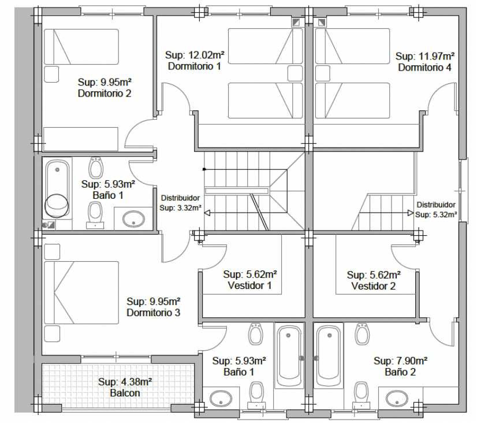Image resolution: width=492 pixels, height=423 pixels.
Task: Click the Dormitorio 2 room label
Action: click(105, 93)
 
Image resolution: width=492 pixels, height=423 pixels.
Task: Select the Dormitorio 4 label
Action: click(424, 67)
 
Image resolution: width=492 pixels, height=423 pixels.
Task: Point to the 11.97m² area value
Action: click(437, 56)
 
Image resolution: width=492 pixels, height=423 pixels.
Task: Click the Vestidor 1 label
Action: click(249, 285)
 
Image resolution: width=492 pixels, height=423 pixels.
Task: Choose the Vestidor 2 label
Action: click(374, 286)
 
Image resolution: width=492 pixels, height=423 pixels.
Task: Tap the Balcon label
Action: click(125, 393)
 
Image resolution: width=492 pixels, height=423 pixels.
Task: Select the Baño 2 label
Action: click(400, 372)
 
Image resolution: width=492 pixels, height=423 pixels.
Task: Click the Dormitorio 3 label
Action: click(154, 313)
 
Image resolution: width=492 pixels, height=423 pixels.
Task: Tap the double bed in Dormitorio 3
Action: click(81, 292)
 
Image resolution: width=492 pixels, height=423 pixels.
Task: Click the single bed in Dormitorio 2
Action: click(81, 47)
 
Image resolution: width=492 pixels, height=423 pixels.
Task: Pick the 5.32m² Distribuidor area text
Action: click(444, 214)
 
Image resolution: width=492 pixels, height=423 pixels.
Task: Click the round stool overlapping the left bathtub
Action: click(57, 206)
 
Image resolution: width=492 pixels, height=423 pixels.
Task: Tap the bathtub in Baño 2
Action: click(329, 356)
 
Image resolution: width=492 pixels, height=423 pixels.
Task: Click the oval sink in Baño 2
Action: click(397, 398)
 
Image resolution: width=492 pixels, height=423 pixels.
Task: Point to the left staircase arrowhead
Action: click(207, 213)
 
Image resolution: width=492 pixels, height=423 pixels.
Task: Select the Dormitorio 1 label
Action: click(195, 66)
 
